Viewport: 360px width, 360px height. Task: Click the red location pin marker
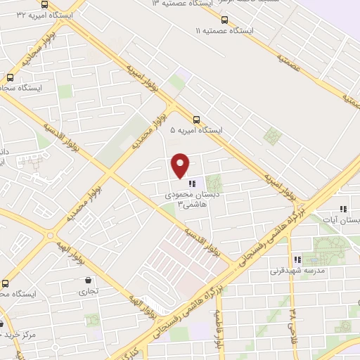(181, 165)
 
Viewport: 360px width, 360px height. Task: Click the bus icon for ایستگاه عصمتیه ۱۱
(224, 20)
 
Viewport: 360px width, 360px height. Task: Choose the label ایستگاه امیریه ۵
(196, 131)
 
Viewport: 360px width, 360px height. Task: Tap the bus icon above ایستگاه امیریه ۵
(197, 120)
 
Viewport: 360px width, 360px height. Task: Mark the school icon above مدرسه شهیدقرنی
(297, 259)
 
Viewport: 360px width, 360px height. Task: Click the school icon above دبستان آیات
(343, 209)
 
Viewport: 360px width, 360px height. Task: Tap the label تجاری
(87, 291)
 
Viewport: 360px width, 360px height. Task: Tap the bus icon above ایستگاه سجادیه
(10, 78)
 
